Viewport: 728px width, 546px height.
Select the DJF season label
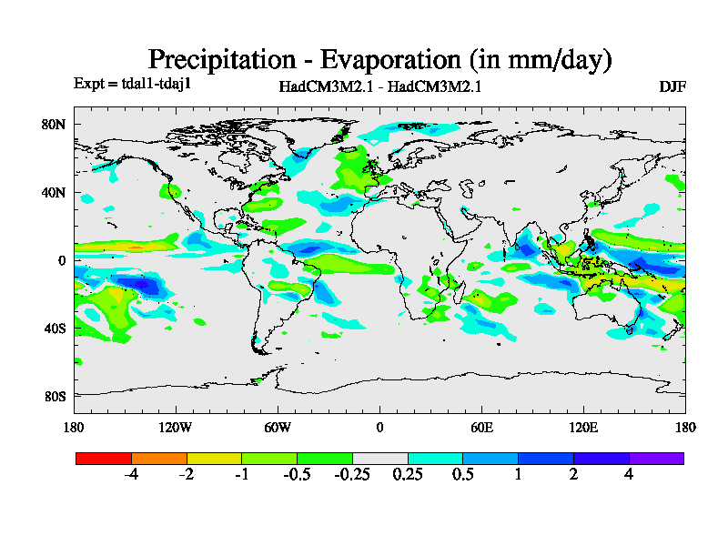pyautogui.click(x=672, y=86)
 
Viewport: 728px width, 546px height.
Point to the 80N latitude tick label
pyautogui.click(x=56, y=125)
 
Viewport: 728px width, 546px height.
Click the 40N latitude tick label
pyautogui.click(x=56, y=193)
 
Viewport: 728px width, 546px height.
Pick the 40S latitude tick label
pyautogui.click(x=56, y=328)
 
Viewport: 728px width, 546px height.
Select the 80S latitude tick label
pyautogui.click(x=56, y=396)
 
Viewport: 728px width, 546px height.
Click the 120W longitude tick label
pyautogui.click(x=176, y=427)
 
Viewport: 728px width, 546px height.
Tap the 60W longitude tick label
pyautogui.click(x=278, y=427)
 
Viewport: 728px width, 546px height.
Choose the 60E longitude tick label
pyautogui.click(x=481, y=427)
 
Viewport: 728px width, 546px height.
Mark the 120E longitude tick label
pyautogui.click(x=583, y=427)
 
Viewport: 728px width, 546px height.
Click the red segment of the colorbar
pyautogui.click(x=104, y=458)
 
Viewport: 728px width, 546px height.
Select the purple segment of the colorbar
pyautogui.click(x=656, y=458)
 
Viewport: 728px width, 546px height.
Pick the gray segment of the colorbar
pyautogui.click(x=380, y=458)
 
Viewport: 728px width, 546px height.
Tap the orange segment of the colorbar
pyautogui.click(x=159, y=458)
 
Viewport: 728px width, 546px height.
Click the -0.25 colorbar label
pyautogui.click(x=352, y=475)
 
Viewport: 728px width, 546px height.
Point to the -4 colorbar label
pyautogui.click(x=131, y=475)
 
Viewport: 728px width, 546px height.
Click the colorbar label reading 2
pyautogui.click(x=573, y=475)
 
